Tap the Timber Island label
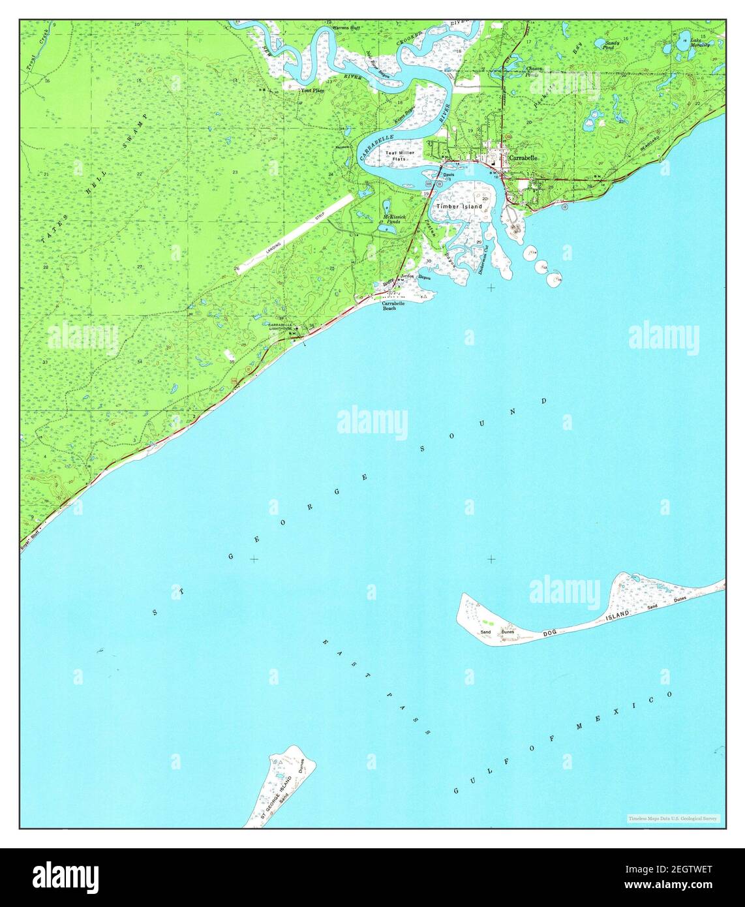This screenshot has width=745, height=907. click(x=459, y=206)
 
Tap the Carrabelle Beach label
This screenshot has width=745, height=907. click(x=393, y=305)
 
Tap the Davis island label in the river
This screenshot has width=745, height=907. click(x=448, y=175)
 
